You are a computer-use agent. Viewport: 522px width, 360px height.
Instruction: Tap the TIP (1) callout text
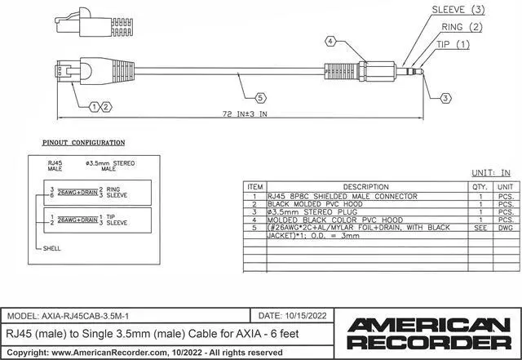click(453, 43)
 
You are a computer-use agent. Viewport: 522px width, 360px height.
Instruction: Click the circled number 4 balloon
click(330, 41)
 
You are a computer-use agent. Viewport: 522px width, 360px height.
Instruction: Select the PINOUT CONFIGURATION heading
click(83, 143)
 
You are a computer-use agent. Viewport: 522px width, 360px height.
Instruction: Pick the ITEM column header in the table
click(255, 188)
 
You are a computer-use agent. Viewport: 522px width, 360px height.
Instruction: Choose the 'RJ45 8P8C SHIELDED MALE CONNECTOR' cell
click(342, 196)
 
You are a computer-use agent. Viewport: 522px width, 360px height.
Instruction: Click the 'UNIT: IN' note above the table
click(492, 173)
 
